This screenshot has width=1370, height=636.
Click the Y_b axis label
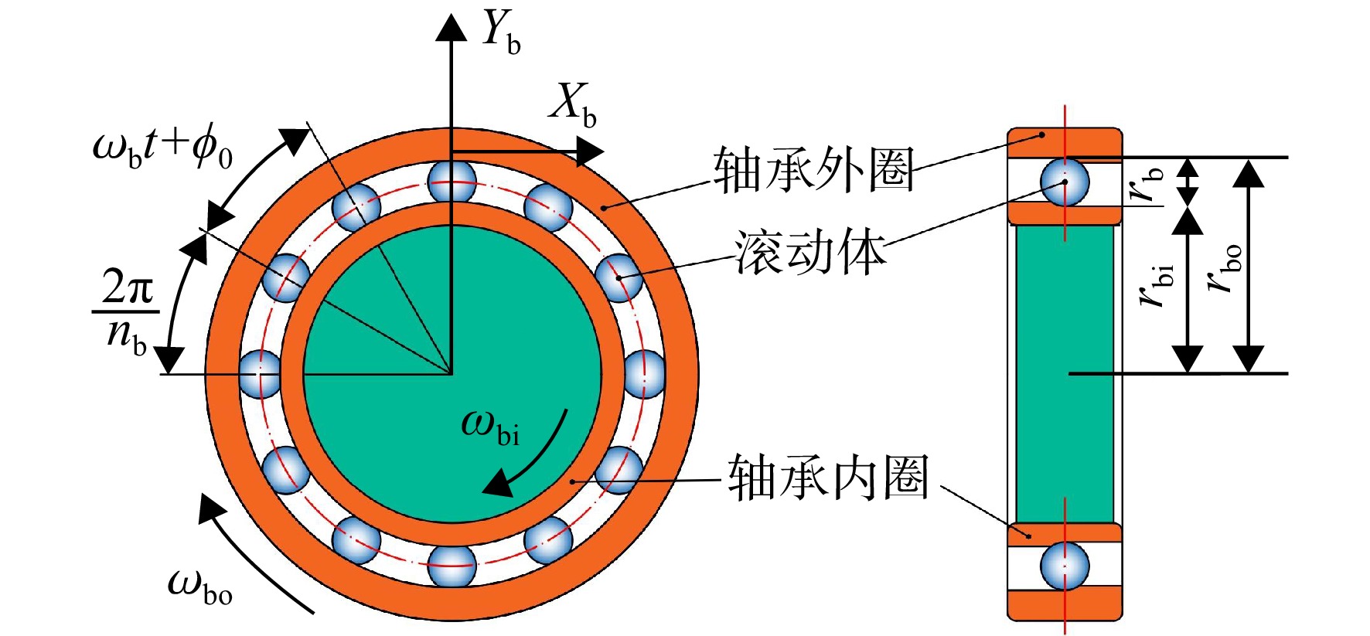[x=500, y=32]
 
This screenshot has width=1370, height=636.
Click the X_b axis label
[x=573, y=104]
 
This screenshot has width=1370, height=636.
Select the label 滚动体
[x=809, y=253]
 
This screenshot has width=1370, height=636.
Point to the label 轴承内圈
[x=828, y=477]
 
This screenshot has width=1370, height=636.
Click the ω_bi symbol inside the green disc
[x=490, y=427]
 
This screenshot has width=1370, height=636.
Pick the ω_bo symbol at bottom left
[x=199, y=586]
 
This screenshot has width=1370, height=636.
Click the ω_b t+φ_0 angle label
[x=162, y=148]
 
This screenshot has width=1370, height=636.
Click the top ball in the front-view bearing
[x=452, y=181]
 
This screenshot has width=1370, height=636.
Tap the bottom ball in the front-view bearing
[x=452, y=566]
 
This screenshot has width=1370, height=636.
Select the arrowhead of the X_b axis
[x=590, y=151]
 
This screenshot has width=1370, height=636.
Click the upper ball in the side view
[x=1065, y=182]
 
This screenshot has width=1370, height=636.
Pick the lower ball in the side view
[x=1065, y=566]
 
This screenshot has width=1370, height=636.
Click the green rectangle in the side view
[x=1065, y=374]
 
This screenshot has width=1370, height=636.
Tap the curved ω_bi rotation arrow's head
[x=498, y=484]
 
